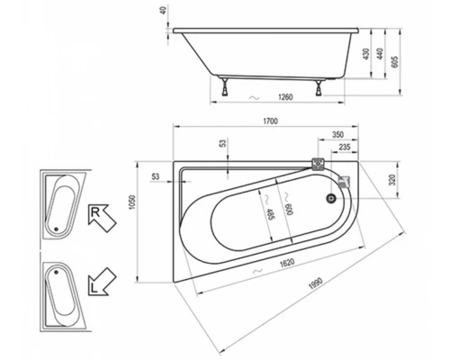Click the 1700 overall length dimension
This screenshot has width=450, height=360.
(270, 121)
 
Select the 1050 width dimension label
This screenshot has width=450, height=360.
(132, 202)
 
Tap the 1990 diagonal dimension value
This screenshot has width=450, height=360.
(316, 283)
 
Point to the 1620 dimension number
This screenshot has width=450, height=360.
(287, 263)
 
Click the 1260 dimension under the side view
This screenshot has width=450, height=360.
(285, 97)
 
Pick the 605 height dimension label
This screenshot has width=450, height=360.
(395, 61)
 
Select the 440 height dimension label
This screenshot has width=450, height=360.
(380, 54)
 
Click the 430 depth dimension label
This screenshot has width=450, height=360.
(366, 54)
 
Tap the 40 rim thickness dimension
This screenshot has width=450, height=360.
(163, 12)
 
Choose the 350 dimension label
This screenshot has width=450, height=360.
(337, 135)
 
